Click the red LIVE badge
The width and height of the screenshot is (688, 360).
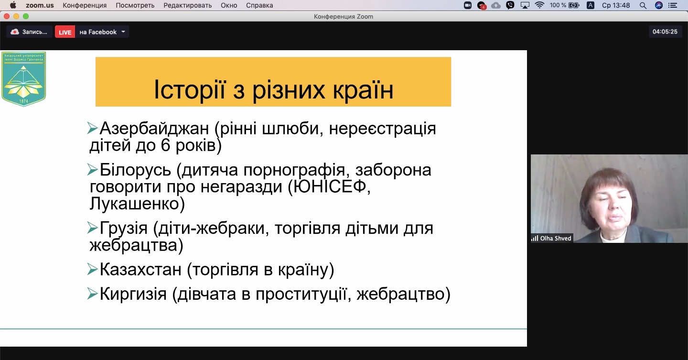pyautogui.click(x=65, y=32)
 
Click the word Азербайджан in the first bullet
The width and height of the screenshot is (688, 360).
pyautogui.click(x=154, y=128)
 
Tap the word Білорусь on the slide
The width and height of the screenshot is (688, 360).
pyautogui.click(x=135, y=170)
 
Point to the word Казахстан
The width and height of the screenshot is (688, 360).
pyautogui.click(x=140, y=270)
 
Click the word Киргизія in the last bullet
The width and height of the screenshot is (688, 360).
pyautogui.click(x=133, y=294)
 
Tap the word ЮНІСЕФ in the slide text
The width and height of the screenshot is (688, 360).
pyautogui.click(x=330, y=186)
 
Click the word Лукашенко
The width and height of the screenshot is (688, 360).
pyautogui.click(x=134, y=204)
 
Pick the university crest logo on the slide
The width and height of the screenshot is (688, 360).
pyautogui.click(x=24, y=79)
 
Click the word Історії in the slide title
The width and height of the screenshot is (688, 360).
pyautogui.click(x=190, y=90)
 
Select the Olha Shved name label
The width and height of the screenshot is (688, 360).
pyautogui.click(x=552, y=238)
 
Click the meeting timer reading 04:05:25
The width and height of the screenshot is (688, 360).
pyautogui.click(x=665, y=32)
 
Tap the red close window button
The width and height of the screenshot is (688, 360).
pyautogui.click(x=7, y=16)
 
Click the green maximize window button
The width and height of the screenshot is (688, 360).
pyautogui.click(x=26, y=16)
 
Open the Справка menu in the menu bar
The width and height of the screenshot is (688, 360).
pyautogui.click(x=259, y=5)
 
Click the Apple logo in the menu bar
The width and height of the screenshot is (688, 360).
pyautogui.click(x=13, y=5)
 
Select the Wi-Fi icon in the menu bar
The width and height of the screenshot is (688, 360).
pyautogui.click(x=539, y=5)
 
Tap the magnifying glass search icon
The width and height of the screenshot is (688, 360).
pyautogui.click(x=643, y=5)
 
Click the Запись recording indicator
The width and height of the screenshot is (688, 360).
pyautogui.click(x=29, y=32)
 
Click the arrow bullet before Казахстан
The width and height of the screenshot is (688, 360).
pyautogui.click(x=92, y=269)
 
